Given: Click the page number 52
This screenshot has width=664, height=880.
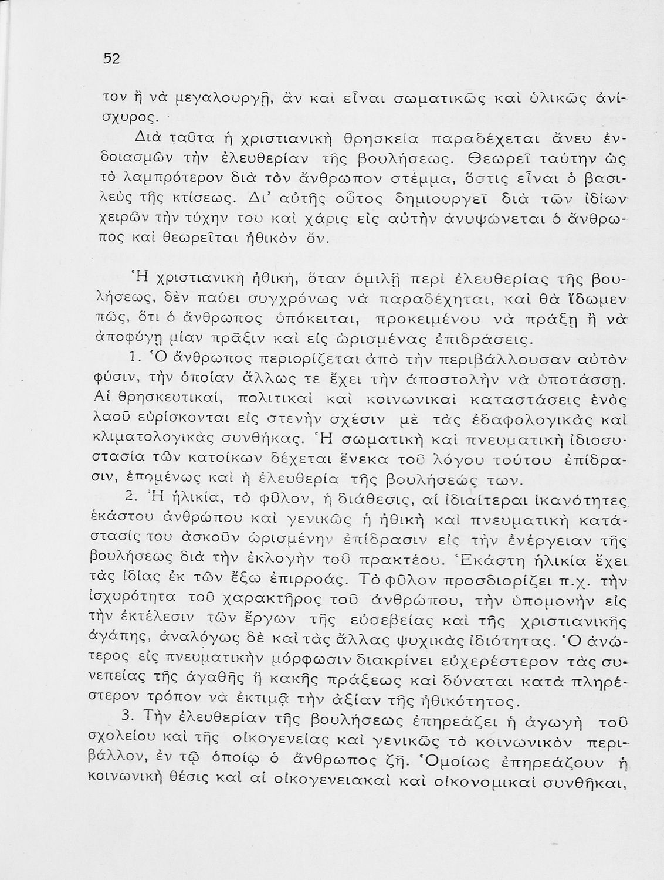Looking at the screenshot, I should tap(111, 59).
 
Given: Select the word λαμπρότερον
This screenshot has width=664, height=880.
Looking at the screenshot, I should tap(155, 176).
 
